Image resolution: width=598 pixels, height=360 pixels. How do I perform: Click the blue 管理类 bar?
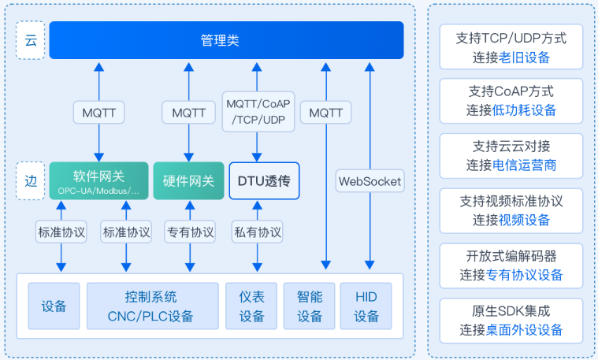click(x=227, y=40)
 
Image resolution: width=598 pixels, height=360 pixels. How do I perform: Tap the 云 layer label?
click(x=31, y=40)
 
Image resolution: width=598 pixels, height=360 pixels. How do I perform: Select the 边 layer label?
click(x=31, y=180)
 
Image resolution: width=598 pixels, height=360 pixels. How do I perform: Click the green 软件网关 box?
click(x=98, y=180)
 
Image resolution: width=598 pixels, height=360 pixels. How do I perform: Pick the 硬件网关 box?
click(x=188, y=180)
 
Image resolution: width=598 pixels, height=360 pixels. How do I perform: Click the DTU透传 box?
click(x=264, y=180)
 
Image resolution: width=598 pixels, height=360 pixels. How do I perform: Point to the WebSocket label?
click(x=370, y=181)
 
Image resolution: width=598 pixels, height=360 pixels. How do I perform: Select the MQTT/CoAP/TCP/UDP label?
click(x=258, y=112)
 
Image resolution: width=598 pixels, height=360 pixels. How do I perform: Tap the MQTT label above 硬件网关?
click(x=188, y=113)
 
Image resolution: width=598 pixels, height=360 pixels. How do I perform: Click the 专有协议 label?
click(x=190, y=232)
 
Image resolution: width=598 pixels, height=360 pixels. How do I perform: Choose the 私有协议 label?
click(x=258, y=232)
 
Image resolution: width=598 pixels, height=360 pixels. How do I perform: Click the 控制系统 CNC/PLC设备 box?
click(x=153, y=306)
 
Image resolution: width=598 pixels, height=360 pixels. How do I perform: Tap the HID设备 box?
click(x=366, y=306)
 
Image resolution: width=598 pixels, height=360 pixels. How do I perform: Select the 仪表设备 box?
click(x=251, y=306)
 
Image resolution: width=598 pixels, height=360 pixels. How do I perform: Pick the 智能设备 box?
click(x=310, y=306)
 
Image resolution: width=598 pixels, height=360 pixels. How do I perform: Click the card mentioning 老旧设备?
click(x=511, y=47)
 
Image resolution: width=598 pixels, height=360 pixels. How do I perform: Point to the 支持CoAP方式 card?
click(x=511, y=101)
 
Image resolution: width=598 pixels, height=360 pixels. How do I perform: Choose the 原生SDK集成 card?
click(x=511, y=321)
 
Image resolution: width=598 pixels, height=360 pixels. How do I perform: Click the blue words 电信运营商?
click(x=524, y=165)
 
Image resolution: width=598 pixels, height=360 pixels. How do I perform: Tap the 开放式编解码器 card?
click(x=511, y=265)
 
